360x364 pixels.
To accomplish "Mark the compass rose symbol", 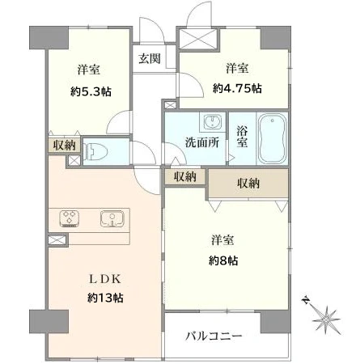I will pyautogui.click(x=327, y=317).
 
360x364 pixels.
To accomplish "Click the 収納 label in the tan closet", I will pyautogui.click(x=248, y=184).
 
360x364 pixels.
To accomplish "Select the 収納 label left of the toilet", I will pyautogui.click(x=64, y=145).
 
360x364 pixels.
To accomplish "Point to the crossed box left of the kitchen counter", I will pyautogui.click(x=57, y=240).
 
